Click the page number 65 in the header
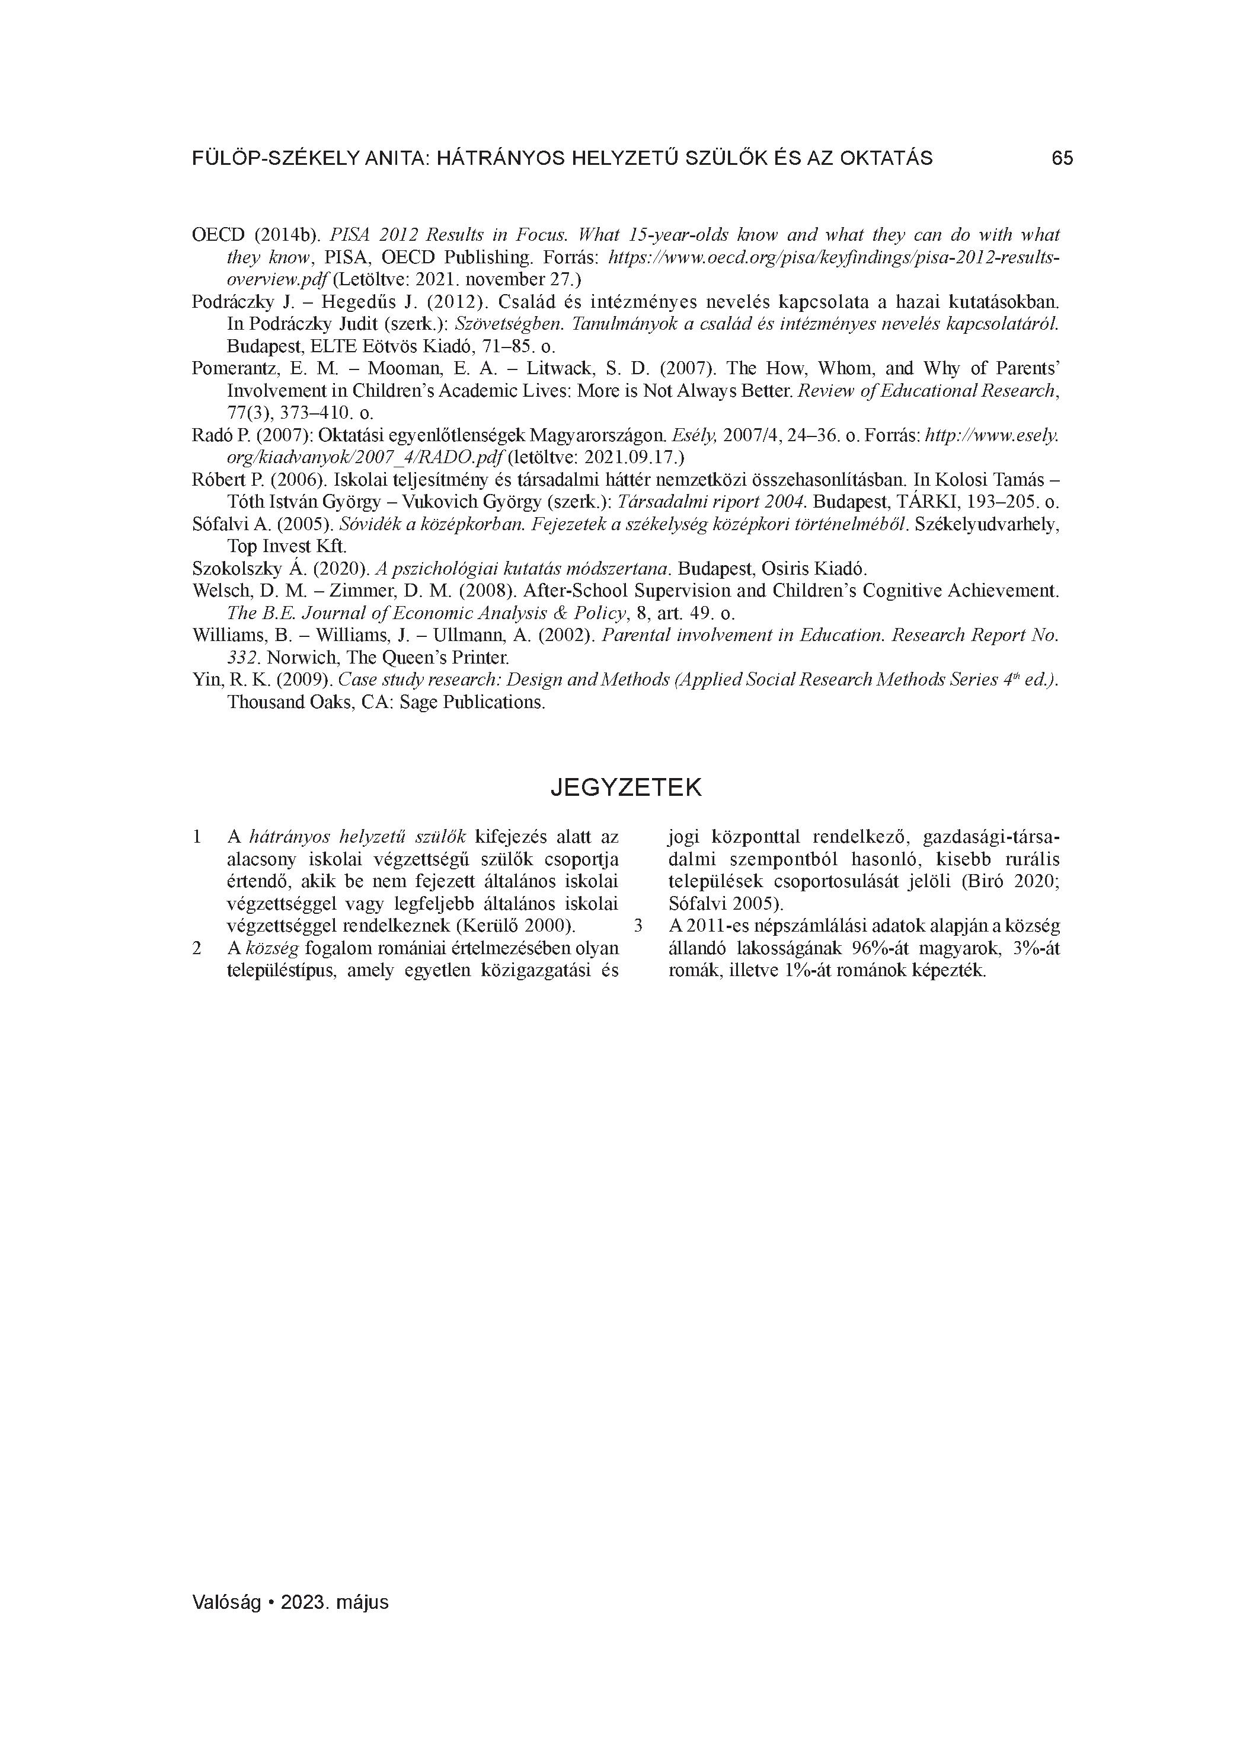click(1062, 158)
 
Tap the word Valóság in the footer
click(228, 1602)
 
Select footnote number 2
click(197, 948)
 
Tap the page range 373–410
click(302, 413)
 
